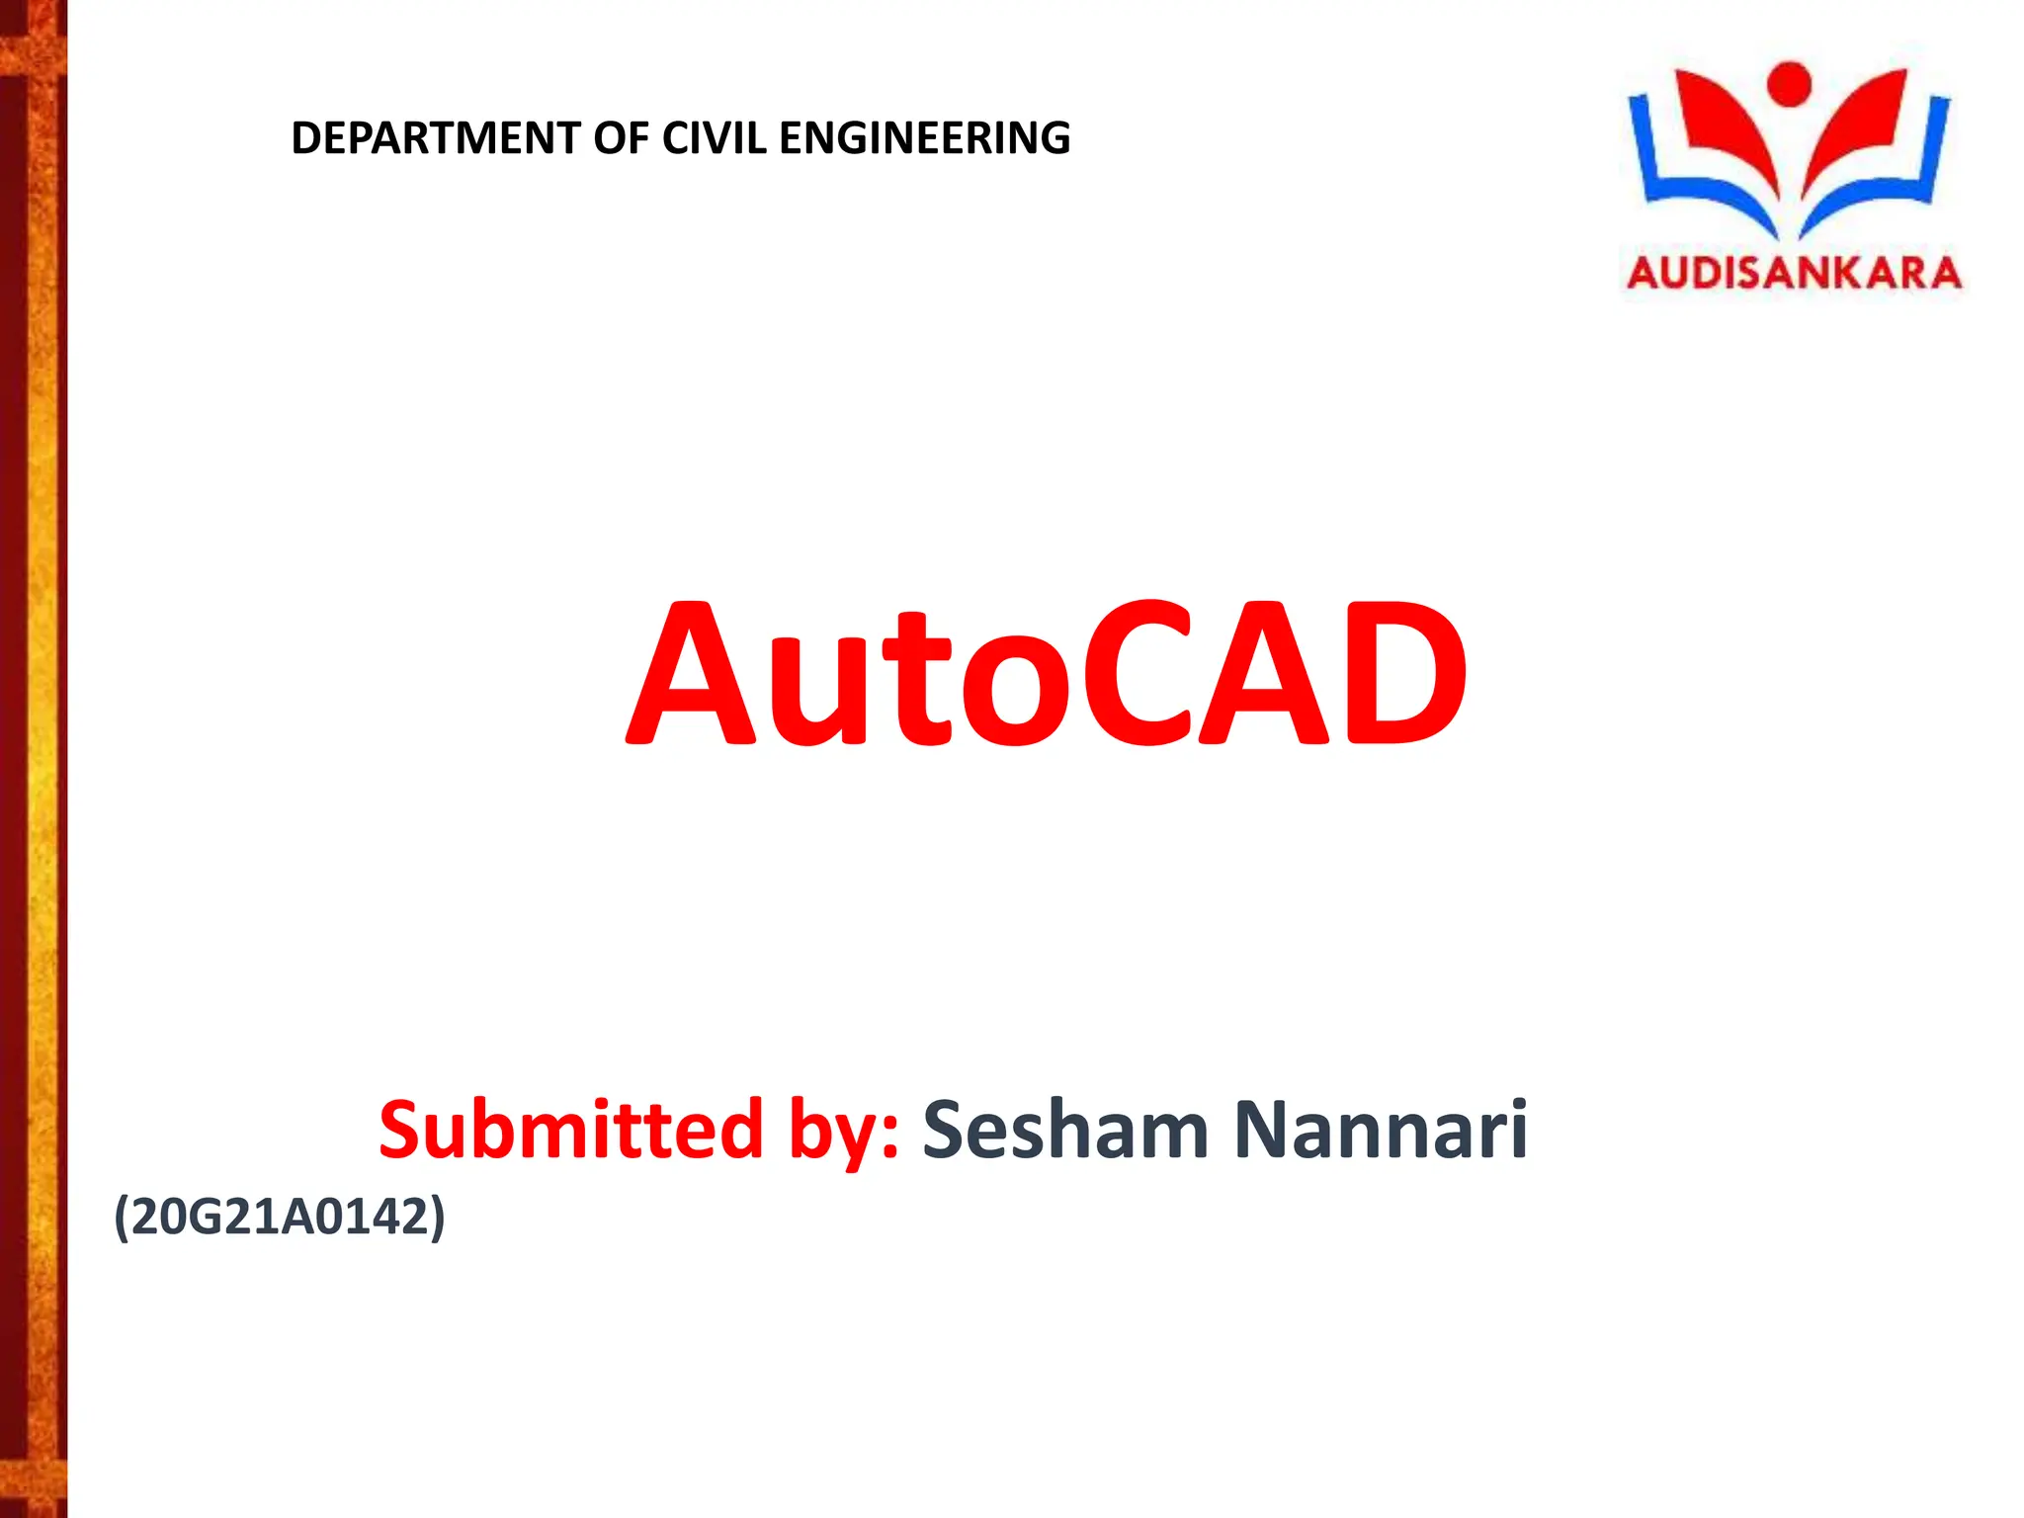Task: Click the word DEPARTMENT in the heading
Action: (x=435, y=138)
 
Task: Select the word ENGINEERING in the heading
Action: (x=924, y=138)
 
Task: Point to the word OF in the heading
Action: (x=621, y=138)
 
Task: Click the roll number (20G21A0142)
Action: (x=280, y=1216)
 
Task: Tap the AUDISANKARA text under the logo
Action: (x=1794, y=273)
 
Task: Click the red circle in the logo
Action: (x=1789, y=83)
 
